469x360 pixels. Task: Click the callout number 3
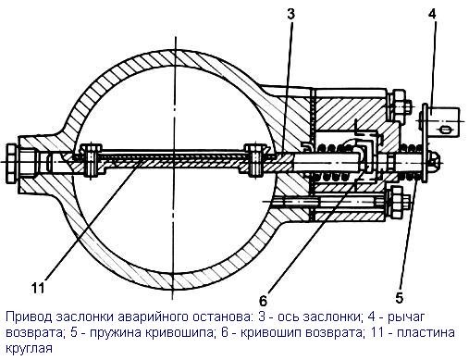[290, 14]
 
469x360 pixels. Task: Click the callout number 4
[432, 14]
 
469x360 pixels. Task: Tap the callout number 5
[399, 298]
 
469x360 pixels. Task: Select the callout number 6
[263, 299]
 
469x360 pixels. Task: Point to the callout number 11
[38, 289]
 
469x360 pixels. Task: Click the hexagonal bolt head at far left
[12, 163]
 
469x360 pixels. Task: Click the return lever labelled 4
[441, 122]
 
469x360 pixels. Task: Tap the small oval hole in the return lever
[445, 130]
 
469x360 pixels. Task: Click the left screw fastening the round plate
[91, 160]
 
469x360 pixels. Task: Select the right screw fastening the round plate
[254, 160]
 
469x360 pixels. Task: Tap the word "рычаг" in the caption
[406, 318]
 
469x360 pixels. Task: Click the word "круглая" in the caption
[30, 349]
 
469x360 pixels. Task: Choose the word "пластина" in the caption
[426, 333]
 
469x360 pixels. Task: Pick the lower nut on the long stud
[398, 202]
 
